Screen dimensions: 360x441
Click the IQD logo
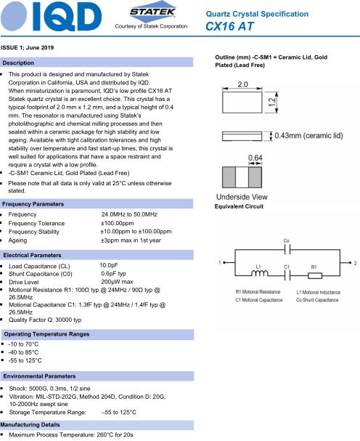coord(51,17)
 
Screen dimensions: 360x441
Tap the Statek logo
coord(152,12)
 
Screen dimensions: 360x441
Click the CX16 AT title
coord(229,26)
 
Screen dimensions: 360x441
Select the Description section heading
coord(18,63)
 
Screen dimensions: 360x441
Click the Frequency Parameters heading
coord(33,204)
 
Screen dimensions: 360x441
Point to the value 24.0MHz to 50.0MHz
coord(129,214)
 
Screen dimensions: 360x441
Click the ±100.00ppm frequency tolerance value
coord(118,223)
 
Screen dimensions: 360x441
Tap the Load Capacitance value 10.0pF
coord(109,265)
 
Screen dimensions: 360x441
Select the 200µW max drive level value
coord(117,282)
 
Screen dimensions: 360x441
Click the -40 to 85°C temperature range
coord(24,352)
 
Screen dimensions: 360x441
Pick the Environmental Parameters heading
coord(39,376)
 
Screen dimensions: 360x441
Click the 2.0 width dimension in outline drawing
coord(243,84)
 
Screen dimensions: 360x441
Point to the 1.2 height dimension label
coord(271,102)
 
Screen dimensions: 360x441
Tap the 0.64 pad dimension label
coord(255,158)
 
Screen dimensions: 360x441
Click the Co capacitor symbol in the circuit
coord(287,249)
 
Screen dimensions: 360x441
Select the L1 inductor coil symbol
coord(259,273)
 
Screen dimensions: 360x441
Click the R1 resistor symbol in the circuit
coord(315,275)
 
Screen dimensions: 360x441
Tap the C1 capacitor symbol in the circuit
coord(287,275)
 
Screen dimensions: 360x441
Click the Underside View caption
coord(242,197)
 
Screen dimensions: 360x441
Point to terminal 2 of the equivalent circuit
coord(350,263)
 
